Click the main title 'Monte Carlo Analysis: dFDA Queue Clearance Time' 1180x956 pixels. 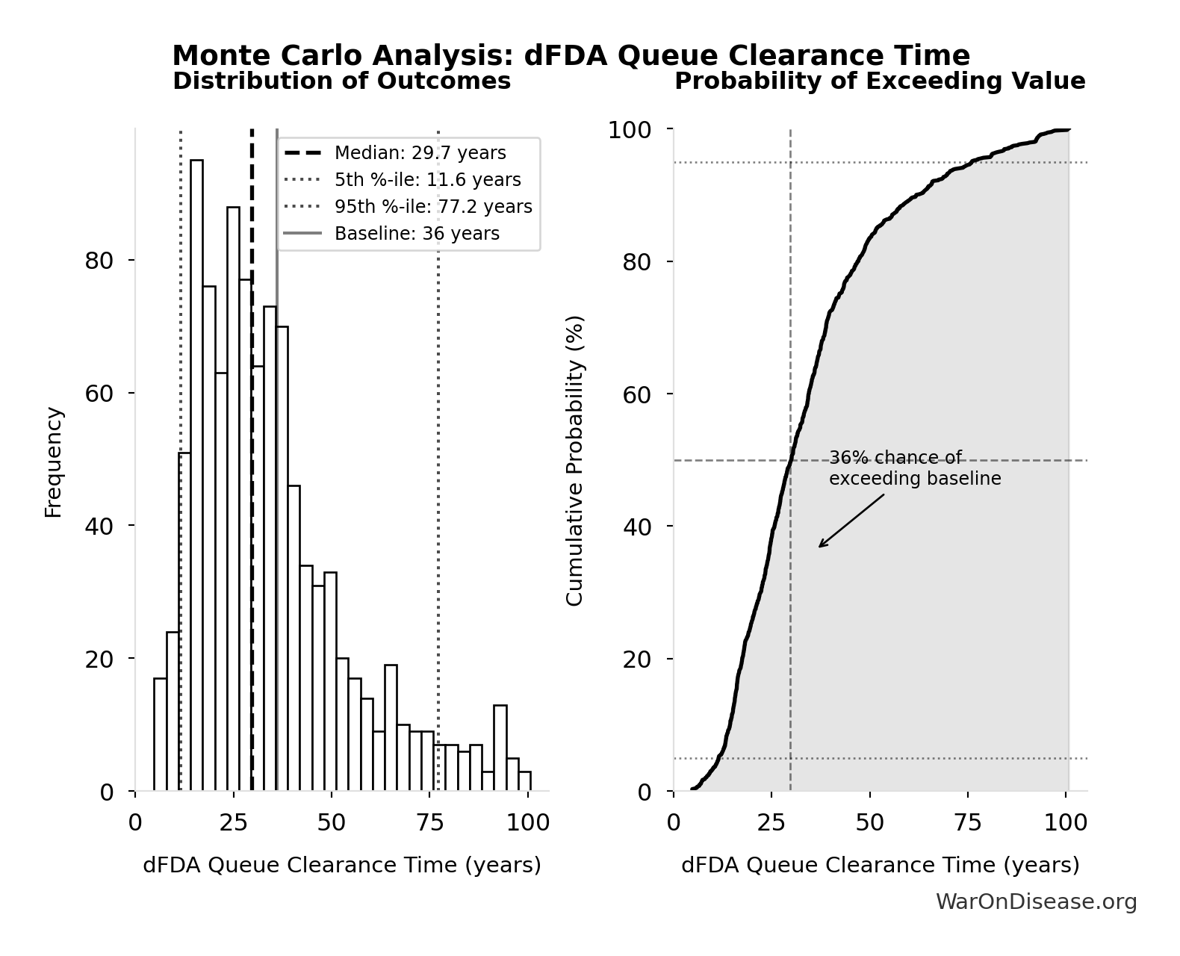(571, 56)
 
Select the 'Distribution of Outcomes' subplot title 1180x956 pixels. (341, 81)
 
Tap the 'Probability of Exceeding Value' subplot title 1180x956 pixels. (880, 81)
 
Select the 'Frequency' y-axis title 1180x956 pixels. (53, 462)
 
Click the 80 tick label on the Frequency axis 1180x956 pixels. (99, 261)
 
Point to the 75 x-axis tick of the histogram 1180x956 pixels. (429, 823)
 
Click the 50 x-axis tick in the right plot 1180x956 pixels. (870, 823)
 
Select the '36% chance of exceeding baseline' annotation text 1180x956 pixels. (915, 468)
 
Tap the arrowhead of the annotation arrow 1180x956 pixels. (821, 546)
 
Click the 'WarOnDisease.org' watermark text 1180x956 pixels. (1036, 902)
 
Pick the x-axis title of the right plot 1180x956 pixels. (880, 865)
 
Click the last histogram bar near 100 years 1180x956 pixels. (524, 780)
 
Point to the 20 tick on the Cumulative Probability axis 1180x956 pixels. (637, 659)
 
